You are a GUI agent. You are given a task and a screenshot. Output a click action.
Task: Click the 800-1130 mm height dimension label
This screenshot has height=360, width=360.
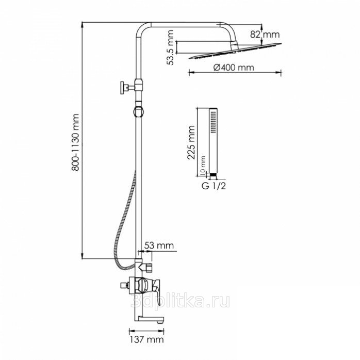75,142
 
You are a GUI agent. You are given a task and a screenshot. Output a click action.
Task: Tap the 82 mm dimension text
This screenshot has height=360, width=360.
265,35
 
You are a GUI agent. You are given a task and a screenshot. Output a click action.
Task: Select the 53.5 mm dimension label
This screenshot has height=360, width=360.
170,47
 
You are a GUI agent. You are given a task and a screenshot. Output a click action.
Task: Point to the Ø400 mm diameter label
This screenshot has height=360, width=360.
234,68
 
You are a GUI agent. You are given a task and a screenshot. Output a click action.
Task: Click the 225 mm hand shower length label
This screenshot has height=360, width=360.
191,142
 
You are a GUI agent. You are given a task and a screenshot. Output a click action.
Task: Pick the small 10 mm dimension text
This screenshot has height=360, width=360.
203,166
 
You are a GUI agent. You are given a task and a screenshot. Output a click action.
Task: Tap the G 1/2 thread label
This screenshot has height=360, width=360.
214,186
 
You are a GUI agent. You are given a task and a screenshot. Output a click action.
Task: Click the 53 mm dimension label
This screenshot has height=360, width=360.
159,246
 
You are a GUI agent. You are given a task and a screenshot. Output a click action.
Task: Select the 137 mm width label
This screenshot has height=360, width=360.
147,339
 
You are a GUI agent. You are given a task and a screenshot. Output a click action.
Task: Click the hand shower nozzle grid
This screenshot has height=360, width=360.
214,122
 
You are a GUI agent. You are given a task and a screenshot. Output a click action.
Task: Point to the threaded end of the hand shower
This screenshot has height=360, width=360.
214,175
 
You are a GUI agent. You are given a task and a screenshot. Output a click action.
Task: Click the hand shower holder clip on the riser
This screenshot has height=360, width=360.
139,112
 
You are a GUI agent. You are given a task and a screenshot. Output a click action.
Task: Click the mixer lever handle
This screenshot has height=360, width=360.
156,289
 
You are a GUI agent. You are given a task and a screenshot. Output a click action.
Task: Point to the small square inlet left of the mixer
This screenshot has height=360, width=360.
123,286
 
